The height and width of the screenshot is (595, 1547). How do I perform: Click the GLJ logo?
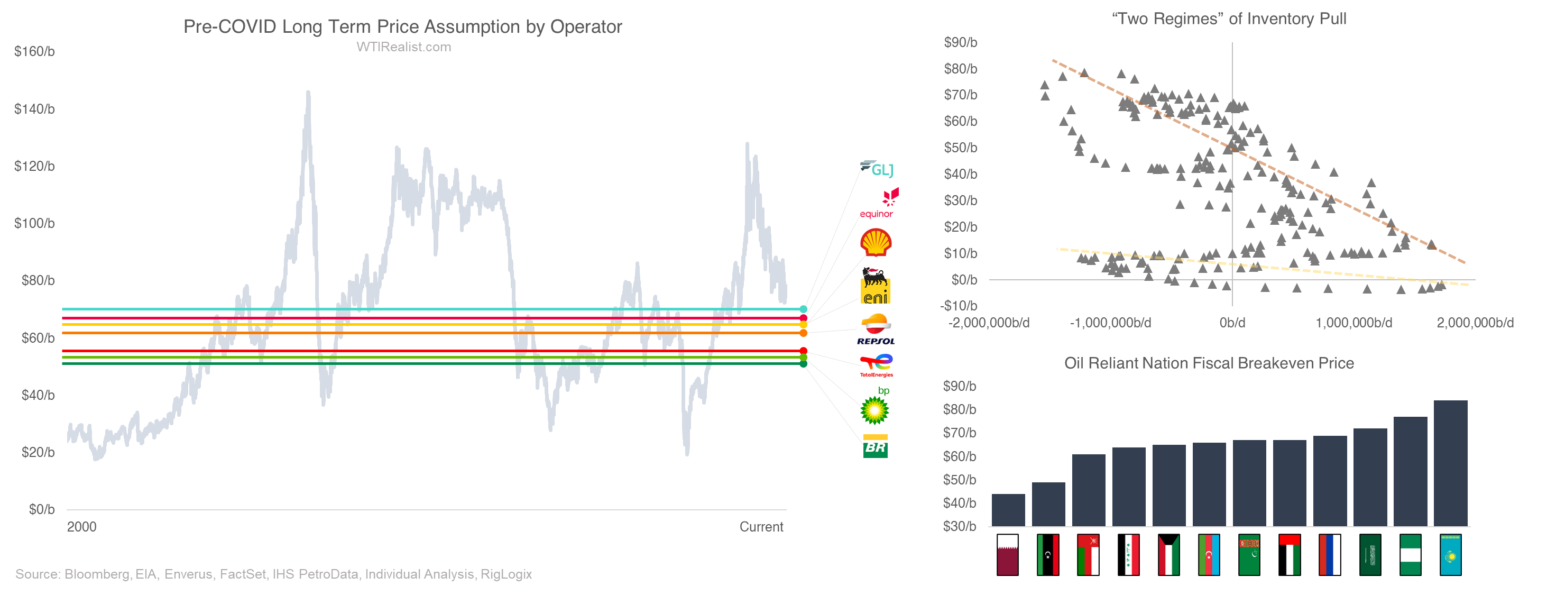coord(878,169)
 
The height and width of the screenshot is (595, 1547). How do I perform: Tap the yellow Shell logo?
coord(876,243)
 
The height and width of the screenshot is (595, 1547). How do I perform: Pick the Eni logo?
coord(875,286)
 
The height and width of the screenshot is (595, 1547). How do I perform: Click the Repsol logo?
coord(876,329)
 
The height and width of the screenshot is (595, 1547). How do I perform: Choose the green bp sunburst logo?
coord(874,410)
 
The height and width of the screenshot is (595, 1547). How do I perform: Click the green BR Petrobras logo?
coord(875,446)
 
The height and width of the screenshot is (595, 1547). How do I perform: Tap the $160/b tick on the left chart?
coord(34,52)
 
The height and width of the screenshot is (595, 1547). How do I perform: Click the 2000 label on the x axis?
coord(81,527)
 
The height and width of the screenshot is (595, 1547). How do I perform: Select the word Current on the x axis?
coord(761,527)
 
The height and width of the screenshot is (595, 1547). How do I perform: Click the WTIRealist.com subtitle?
coord(403,47)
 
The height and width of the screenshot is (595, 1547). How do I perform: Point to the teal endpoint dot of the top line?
coord(804,309)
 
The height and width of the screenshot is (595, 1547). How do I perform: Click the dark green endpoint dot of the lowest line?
coord(804,364)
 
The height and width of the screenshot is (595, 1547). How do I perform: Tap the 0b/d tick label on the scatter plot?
coord(1232,323)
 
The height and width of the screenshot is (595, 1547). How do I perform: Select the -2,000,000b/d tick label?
coord(989,323)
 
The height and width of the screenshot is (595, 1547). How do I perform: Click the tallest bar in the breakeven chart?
coord(1450,463)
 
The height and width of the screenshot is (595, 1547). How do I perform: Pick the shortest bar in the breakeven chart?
coord(1008,510)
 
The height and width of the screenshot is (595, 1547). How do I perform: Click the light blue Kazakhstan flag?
coord(1450,555)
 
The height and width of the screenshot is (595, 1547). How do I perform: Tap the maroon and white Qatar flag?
coord(1008,555)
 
